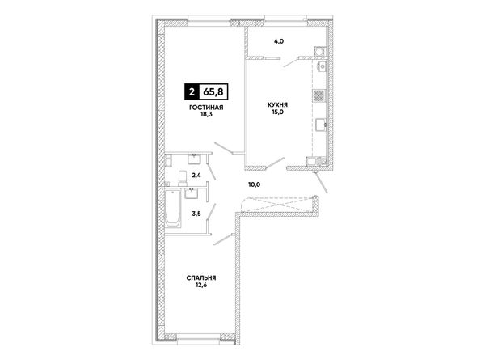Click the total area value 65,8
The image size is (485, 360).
213,92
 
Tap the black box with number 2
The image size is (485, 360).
192,92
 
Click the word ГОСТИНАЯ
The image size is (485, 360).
206,108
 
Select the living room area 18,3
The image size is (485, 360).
206,114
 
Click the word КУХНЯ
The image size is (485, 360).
278,105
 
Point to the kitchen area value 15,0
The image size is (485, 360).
278,112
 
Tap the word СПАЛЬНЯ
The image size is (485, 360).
201,278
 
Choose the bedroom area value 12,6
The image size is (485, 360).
201,285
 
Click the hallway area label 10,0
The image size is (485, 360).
255,184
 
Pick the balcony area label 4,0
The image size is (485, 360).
279,41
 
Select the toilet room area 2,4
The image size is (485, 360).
196,176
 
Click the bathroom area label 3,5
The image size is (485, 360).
196,214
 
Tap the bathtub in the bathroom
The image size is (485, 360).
173,209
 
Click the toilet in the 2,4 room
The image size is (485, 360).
183,178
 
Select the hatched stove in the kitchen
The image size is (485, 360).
319,95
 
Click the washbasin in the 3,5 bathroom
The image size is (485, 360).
192,193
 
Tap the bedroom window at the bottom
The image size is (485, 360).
199,339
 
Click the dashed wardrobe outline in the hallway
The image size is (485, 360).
278,205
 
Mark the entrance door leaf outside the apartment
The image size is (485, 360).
321,182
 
